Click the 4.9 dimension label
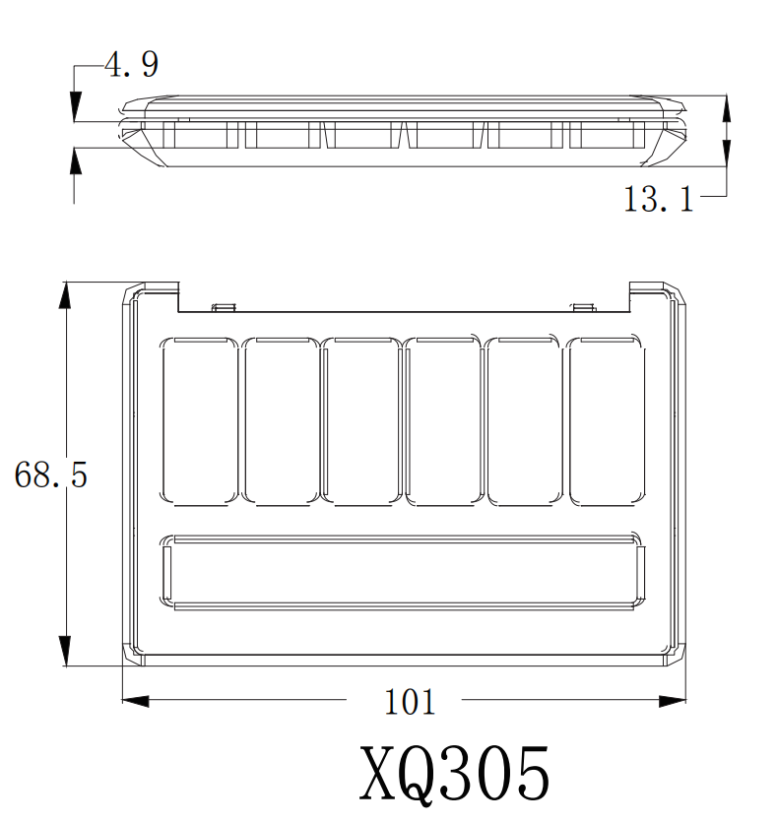[x=131, y=65]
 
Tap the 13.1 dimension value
[x=659, y=200]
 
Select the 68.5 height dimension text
[x=50, y=475]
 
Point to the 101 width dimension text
[x=410, y=702]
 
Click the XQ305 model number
[x=455, y=774]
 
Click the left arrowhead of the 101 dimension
[x=136, y=700]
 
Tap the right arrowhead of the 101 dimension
[x=673, y=700]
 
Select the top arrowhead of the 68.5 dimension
[x=65, y=295]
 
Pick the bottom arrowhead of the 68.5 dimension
[x=65, y=652]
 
